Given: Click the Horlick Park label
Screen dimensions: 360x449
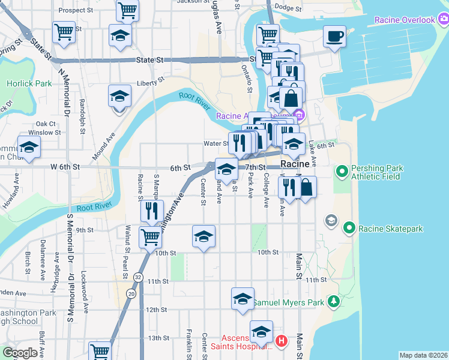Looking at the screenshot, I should [x=29, y=83].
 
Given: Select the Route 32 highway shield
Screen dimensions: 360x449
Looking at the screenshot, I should [x=139, y=277].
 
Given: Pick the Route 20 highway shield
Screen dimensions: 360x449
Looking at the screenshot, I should [x=131, y=293].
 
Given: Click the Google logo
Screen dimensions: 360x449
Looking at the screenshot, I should [x=20, y=353].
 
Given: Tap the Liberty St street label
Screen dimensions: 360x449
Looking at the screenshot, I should [x=150, y=83].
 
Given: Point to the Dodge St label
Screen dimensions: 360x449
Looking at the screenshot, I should [x=287, y=8].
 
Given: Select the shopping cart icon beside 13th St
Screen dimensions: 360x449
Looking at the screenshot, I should [x=100, y=352].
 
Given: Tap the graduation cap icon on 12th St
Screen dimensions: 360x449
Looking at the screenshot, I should [x=243, y=299].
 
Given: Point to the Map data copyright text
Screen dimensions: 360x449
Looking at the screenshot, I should [x=423, y=355].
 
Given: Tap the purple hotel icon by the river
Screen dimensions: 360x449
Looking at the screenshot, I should [x=299, y=114].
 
